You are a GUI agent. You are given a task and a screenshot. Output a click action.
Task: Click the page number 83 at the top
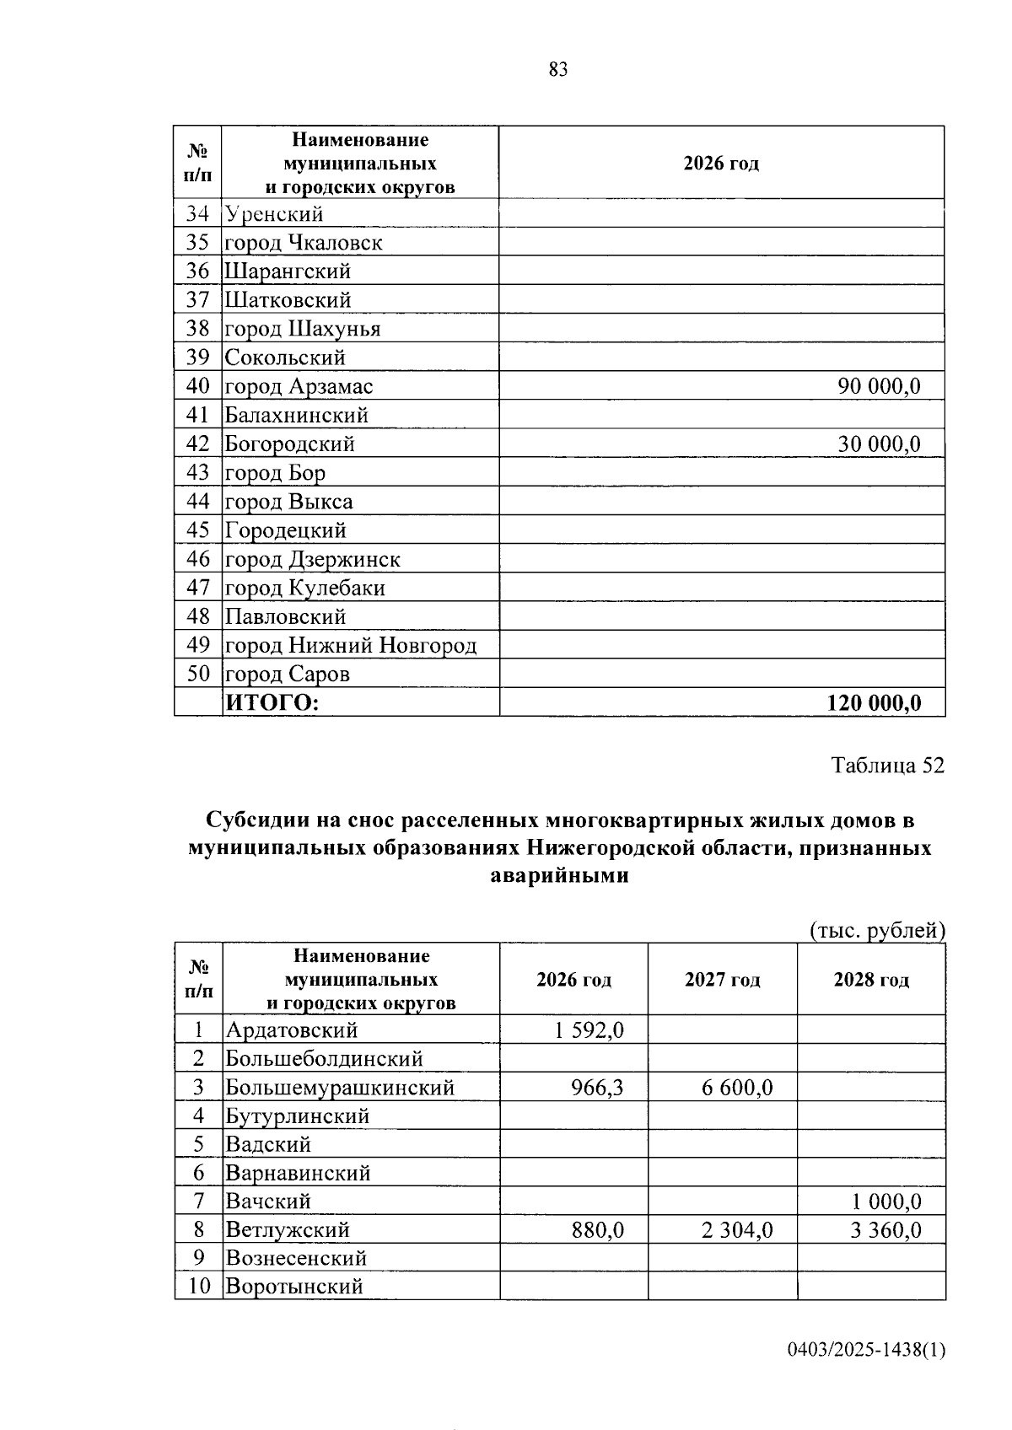point(557,70)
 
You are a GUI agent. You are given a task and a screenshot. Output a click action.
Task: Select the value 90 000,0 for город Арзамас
point(878,387)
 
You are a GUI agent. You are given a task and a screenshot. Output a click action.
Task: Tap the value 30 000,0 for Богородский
point(878,444)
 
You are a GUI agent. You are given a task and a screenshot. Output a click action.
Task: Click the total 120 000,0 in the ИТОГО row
point(874,703)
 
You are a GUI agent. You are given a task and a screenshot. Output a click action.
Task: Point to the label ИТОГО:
point(272,703)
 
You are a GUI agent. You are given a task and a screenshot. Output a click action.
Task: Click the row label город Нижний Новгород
point(350,646)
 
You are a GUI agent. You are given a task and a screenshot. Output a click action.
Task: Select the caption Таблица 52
point(887,766)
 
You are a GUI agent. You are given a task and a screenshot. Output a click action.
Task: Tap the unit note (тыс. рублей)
point(877,931)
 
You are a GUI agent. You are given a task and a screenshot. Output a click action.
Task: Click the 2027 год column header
point(722,980)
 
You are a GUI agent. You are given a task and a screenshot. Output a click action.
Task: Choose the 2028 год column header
point(871,980)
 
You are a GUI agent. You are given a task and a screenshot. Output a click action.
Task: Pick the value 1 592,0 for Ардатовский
point(589,1030)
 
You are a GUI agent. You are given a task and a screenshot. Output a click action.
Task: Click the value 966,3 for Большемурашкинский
point(597,1088)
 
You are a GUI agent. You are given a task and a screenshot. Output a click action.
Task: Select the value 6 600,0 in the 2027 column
point(737,1088)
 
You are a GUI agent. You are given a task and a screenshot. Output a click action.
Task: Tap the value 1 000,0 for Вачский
point(885,1202)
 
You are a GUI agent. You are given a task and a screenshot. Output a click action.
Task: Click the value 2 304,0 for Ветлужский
point(737,1230)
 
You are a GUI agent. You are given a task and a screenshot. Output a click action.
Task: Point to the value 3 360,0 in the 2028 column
point(885,1230)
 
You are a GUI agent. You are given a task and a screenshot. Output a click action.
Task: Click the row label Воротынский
point(293,1288)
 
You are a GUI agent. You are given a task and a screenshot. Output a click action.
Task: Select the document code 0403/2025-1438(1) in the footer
point(866,1351)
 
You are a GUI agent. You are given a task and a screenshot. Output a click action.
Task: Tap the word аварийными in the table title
point(559,876)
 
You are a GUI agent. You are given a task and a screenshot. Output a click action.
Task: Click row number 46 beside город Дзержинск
point(197,560)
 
